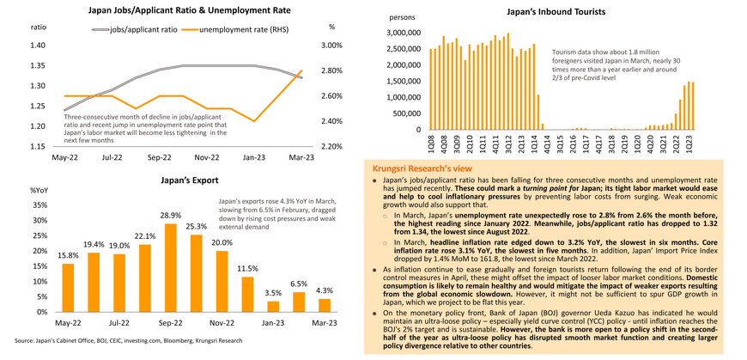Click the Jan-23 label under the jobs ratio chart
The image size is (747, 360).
pos(253,157)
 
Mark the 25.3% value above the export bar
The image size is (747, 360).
pos(196,227)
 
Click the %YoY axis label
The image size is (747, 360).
pos(39,190)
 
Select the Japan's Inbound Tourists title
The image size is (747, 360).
pos(556,11)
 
